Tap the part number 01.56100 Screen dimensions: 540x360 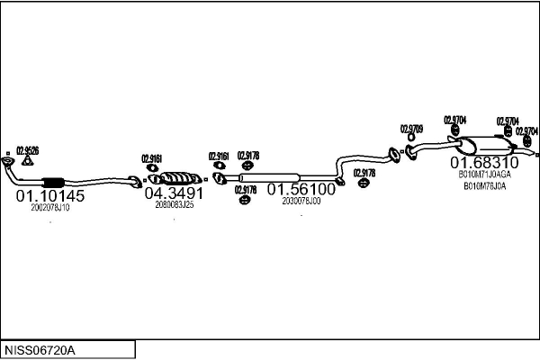coord(301,189)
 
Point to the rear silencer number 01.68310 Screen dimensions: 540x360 coord(484,162)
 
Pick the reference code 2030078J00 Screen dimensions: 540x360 coord(301,201)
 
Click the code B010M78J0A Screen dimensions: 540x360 coord(484,186)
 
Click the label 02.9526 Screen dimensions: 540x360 coord(28,150)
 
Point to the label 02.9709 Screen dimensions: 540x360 coord(411,129)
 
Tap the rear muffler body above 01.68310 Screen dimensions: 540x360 coord(484,144)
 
